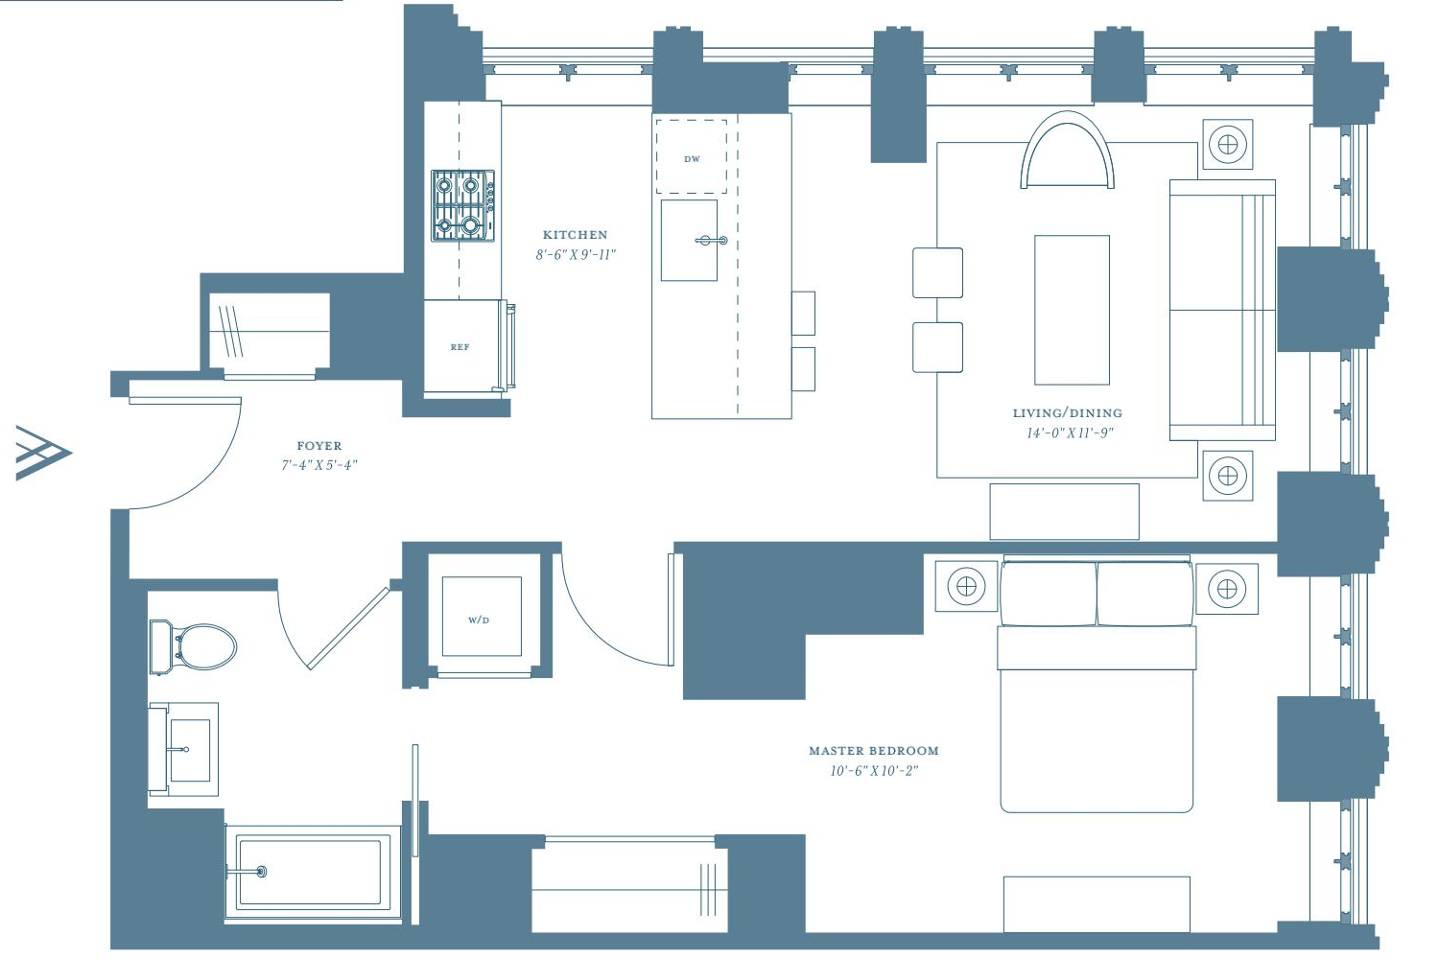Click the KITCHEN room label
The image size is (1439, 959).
575,235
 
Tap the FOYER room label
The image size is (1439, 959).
319,446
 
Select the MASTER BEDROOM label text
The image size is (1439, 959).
874,750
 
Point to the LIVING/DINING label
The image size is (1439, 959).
1068,413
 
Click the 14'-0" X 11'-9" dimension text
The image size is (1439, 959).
1070,433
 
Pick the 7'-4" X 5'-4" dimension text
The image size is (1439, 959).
319,465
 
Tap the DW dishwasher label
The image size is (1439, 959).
692,158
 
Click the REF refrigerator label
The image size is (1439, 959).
460,347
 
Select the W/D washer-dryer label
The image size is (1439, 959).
479,620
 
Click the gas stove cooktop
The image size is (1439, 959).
462,205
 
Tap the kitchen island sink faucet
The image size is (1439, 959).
712,241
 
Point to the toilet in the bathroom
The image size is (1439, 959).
193,646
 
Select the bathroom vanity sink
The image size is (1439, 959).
184,750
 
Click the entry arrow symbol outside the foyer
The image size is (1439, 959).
43,453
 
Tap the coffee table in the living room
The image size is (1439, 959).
1072,311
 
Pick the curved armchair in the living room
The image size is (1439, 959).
1067,151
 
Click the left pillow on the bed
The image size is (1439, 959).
1049,594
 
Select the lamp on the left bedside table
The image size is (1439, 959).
966,587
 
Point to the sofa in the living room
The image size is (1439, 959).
1222,311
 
